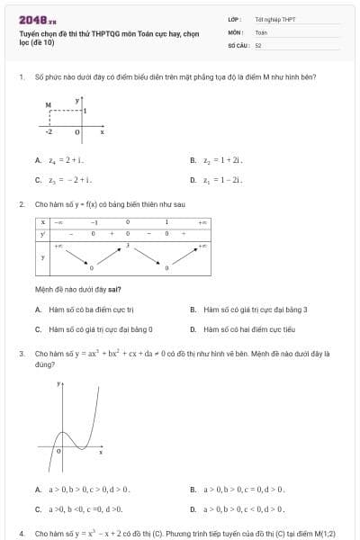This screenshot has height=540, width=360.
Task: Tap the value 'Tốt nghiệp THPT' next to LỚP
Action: tap(274, 18)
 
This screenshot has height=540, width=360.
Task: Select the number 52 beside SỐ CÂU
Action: tap(258, 44)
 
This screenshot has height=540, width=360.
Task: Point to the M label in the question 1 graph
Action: tap(48, 105)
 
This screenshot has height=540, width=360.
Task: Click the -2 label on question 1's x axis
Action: tap(49, 131)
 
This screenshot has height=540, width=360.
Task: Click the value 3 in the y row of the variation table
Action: tap(128, 244)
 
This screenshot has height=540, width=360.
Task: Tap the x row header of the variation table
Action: tap(42, 221)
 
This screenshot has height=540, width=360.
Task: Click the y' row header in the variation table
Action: tap(42, 233)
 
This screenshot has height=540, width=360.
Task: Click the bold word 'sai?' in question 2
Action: tap(114, 290)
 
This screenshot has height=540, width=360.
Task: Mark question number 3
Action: tap(21, 354)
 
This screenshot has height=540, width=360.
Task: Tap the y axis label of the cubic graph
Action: tap(59, 383)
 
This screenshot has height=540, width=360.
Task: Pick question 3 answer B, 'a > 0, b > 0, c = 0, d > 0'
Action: tap(242, 490)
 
